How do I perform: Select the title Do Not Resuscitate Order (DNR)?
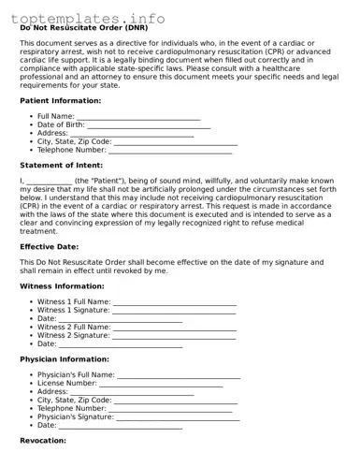click(x=83, y=28)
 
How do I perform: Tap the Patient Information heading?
click(x=61, y=99)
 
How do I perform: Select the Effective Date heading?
click(x=50, y=246)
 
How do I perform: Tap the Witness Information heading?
click(x=62, y=285)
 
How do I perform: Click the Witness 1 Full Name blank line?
click(x=174, y=303)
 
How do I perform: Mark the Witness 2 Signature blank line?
click(x=174, y=336)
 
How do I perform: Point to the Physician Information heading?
click(x=65, y=359)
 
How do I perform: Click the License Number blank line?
click(x=161, y=384)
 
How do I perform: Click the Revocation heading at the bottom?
click(x=43, y=440)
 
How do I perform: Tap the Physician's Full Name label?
click(x=76, y=375)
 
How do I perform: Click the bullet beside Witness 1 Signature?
click(x=32, y=311)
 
